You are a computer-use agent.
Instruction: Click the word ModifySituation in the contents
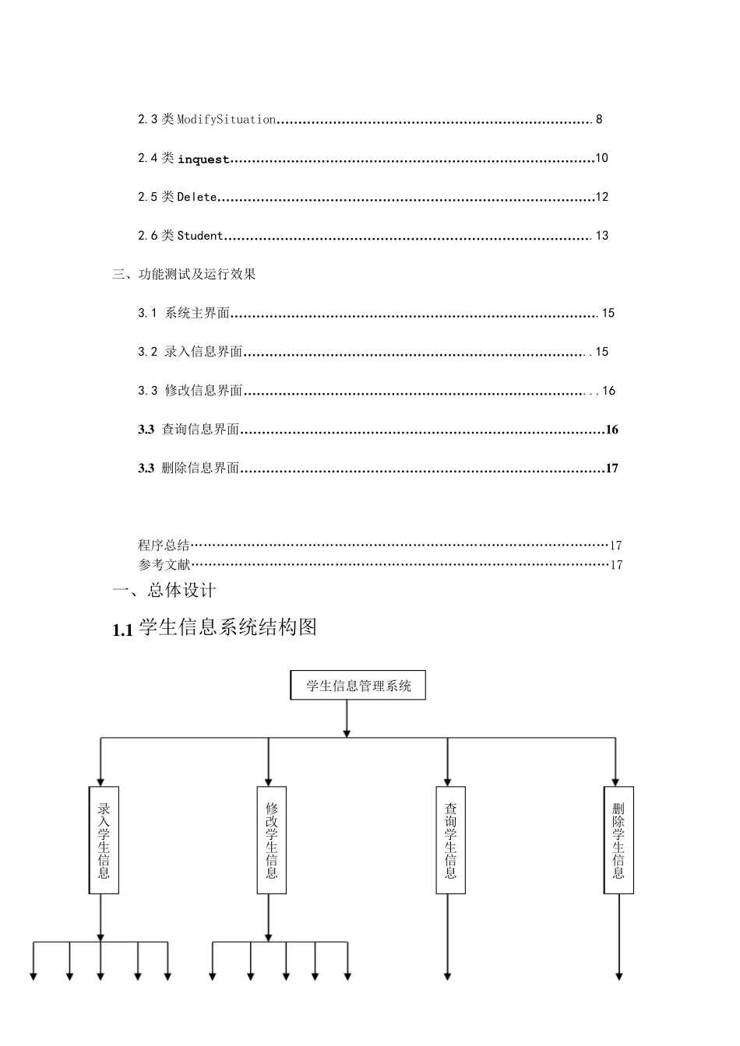(227, 119)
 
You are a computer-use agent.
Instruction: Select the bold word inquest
(203, 159)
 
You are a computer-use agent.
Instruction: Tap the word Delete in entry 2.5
(197, 197)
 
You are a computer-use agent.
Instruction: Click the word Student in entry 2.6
(200, 236)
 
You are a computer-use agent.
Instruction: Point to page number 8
(599, 119)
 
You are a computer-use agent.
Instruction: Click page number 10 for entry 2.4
(601, 158)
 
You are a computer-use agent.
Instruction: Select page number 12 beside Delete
(601, 197)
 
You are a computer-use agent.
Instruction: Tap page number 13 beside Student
(601, 236)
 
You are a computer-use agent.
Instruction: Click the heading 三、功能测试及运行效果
(185, 274)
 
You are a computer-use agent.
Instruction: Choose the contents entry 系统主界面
(197, 313)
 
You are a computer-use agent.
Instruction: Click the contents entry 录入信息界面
(203, 352)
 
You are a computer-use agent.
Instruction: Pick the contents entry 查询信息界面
(200, 430)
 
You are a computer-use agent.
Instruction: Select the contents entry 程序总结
(164, 545)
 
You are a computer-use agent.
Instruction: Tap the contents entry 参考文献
(164, 564)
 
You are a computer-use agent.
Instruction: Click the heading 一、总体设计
(164, 591)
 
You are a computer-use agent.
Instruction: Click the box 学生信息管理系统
(358, 686)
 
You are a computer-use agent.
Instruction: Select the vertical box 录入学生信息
(104, 840)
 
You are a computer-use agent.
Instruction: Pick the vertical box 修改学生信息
(271, 840)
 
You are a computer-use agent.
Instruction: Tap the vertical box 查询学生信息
(450, 840)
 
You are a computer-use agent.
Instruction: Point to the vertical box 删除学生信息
(618, 840)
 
